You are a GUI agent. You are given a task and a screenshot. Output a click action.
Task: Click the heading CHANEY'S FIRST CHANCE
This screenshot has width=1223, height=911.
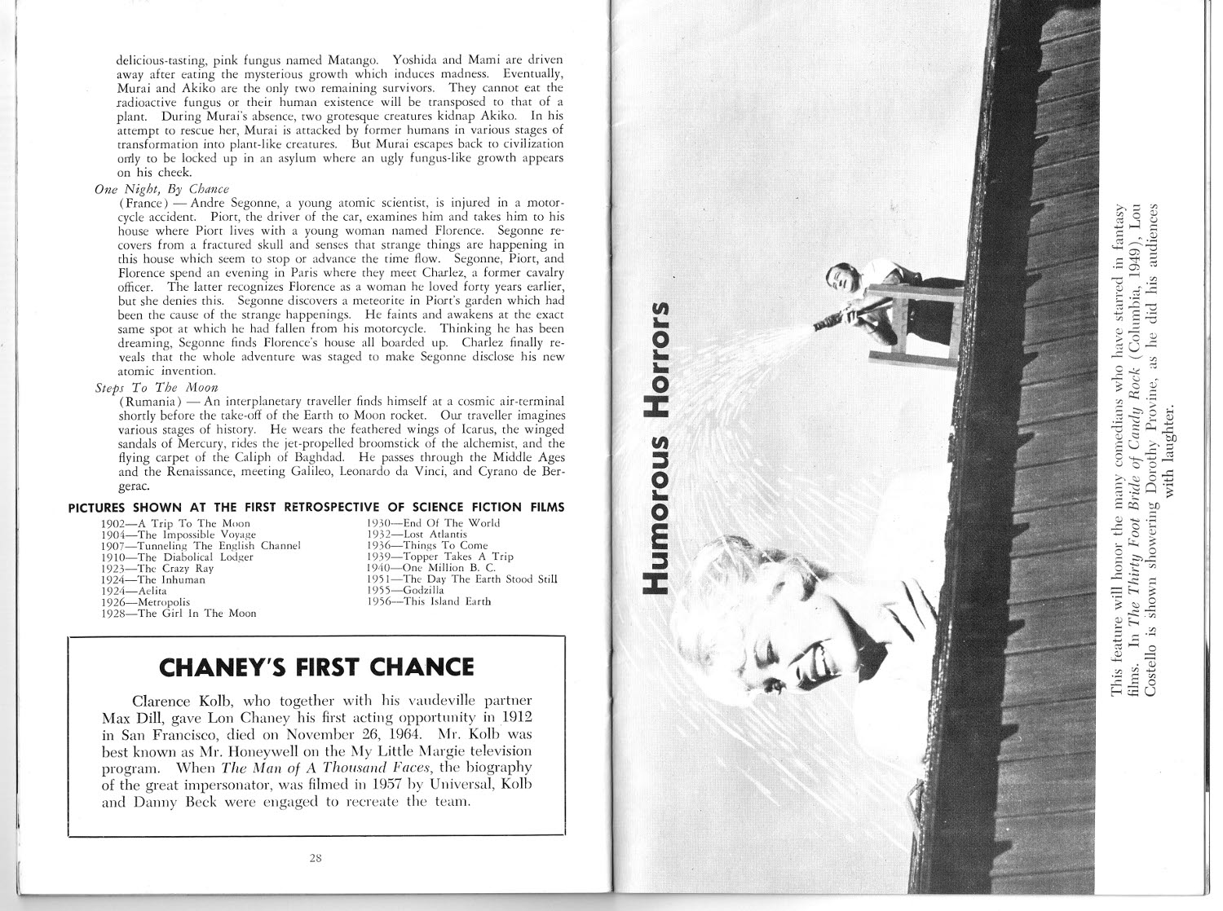click(x=316, y=667)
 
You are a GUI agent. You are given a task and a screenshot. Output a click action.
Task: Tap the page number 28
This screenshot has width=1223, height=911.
click(x=316, y=856)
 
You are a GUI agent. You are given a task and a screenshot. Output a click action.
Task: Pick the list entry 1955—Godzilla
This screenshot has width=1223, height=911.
click(x=405, y=590)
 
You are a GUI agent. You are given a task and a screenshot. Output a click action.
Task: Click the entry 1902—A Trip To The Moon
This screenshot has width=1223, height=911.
click(x=175, y=523)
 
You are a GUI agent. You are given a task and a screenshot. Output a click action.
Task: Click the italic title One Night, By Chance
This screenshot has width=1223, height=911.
click(x=161, y=189)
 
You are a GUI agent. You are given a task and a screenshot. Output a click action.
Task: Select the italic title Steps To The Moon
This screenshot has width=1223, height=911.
click(x=157, y=388)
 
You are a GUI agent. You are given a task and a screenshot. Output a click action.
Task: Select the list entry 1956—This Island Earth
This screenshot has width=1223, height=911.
click(x=429, y=601)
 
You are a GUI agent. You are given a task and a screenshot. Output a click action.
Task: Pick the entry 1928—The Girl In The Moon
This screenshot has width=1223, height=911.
click(x=178, y=613)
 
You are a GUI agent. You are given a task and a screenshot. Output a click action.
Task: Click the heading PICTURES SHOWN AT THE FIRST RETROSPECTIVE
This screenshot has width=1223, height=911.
click(x=316, y=507)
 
